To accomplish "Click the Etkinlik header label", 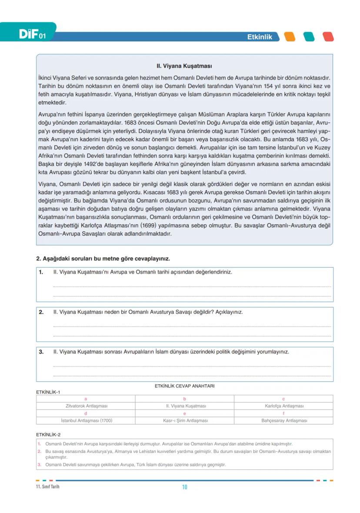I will [x=260, y=37].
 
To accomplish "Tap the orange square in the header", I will [x=289, y=37].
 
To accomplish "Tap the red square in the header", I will [x=328, y=37].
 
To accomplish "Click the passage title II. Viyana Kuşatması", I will [x=184, y=67].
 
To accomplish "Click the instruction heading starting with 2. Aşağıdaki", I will [x=103, y=259].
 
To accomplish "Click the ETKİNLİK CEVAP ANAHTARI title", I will [x=184, y=386].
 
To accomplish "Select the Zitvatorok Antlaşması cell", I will [x=86, y=406].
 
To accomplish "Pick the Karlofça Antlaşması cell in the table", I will [x=284, y=406].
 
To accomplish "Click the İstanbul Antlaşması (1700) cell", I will [x=86, y=421].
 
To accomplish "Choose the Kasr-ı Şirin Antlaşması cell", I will [x=185, y=421].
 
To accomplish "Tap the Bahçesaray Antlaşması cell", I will [x=284, y=421].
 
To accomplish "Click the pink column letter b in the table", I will [x=185, y=399].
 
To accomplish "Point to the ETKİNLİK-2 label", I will [x=48, y=434].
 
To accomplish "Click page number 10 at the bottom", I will [x=184, y=487].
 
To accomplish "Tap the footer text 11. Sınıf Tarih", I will [x=48, y=487].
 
